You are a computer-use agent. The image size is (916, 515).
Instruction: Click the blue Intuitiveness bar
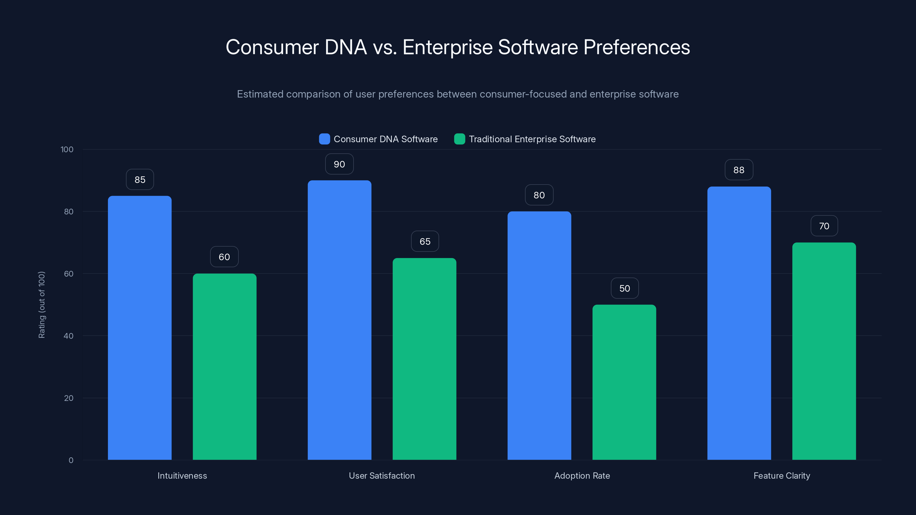point(139,327)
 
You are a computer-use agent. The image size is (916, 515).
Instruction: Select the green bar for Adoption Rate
point(624,382)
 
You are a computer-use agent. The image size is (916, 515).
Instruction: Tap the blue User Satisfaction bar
point(339,320)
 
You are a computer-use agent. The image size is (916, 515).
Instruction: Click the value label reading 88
point(739,170)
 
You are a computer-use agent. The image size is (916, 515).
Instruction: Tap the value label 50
point(624,288)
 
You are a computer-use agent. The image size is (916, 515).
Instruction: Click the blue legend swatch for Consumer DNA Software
point(324,139)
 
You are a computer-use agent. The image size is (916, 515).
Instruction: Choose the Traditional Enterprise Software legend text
point(532,139)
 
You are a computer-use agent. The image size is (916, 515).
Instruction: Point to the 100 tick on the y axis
point(67,150)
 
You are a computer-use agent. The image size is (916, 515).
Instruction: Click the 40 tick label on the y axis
point(68,336)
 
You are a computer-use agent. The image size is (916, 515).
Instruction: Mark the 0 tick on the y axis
point(71,460)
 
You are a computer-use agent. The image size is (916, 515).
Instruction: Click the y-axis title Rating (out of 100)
point(42,305)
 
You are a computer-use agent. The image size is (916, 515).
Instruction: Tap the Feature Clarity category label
point(781,476)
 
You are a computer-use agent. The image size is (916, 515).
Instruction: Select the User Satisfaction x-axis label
point(382,476)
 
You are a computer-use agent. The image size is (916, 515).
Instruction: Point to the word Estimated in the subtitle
point(260,94)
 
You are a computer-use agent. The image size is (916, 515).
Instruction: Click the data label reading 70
point(824,226)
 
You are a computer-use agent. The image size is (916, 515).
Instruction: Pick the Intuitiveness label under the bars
point(182,476)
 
